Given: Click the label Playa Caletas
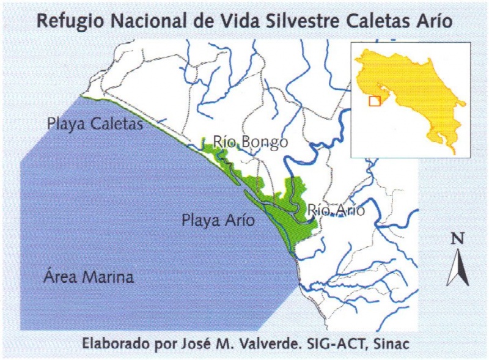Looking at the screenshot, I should [95, 124].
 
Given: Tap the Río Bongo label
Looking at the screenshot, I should [250, 142].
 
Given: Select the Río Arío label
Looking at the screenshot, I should [336, 210].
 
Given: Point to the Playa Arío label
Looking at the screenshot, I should [218, 220].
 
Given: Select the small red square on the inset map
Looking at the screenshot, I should [375, 101].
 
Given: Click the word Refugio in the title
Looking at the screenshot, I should [66, 22].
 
